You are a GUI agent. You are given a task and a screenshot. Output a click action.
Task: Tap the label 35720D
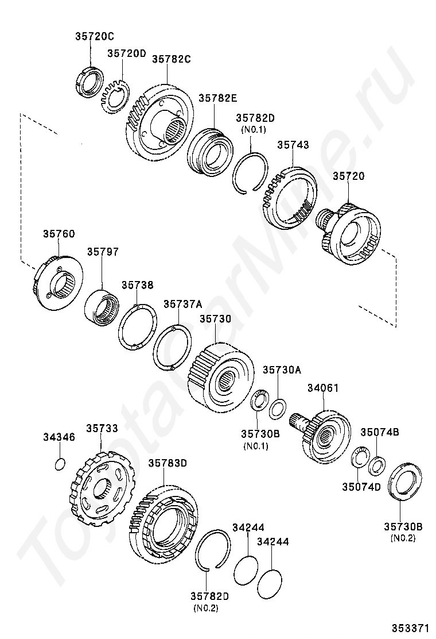[126, 53]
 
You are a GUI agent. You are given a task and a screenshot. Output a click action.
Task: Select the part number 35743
[293, 145]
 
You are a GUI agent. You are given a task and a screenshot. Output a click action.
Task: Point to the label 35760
[59, 234]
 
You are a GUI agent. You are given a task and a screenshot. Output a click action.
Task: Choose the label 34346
[59, 437]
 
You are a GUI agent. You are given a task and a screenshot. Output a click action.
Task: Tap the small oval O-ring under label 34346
[60, 464]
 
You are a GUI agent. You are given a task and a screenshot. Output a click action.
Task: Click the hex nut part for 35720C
[90, 80]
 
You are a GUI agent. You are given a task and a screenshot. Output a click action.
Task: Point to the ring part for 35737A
[172, 349]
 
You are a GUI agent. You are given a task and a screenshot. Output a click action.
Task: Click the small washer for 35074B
[377, 465]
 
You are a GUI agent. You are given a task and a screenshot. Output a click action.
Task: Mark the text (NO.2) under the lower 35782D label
[207, 607]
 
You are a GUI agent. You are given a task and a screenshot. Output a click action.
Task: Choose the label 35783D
[168, 463]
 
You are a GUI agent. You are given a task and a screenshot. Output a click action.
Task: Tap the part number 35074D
[361, 487]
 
